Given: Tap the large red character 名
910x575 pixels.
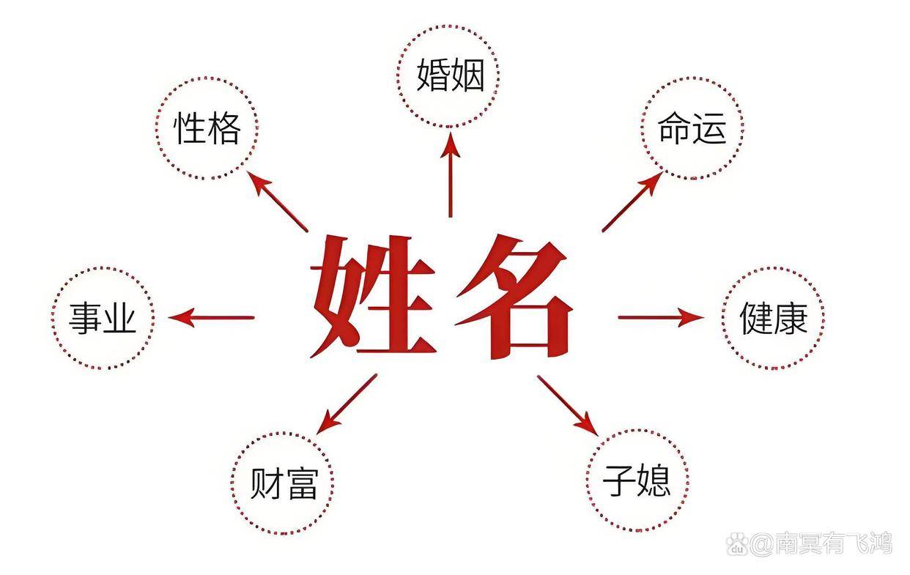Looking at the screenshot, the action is [514, 297].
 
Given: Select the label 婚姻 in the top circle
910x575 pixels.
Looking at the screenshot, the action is [451, 75].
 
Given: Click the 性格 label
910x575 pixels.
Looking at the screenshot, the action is [207, 128].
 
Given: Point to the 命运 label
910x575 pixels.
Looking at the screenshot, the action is [692, 128].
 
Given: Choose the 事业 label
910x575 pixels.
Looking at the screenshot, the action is [103, 318].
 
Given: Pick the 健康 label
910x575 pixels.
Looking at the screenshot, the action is [774, 318].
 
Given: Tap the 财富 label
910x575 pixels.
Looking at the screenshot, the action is [283, 483].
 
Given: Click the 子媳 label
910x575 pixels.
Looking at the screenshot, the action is [637, 481].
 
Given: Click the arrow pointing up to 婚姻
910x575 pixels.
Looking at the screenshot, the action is [450, 174].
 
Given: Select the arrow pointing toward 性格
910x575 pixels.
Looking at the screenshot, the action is [277, 201].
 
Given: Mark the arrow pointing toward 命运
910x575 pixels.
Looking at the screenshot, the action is [632, 201].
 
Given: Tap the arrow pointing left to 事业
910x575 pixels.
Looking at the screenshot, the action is [211, 318].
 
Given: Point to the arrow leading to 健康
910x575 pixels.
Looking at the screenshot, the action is [661, 318].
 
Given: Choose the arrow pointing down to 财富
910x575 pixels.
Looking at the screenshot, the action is [347, 404].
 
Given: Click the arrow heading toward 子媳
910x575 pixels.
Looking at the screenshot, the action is [569, 406].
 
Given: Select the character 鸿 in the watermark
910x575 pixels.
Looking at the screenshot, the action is [880, 544].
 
